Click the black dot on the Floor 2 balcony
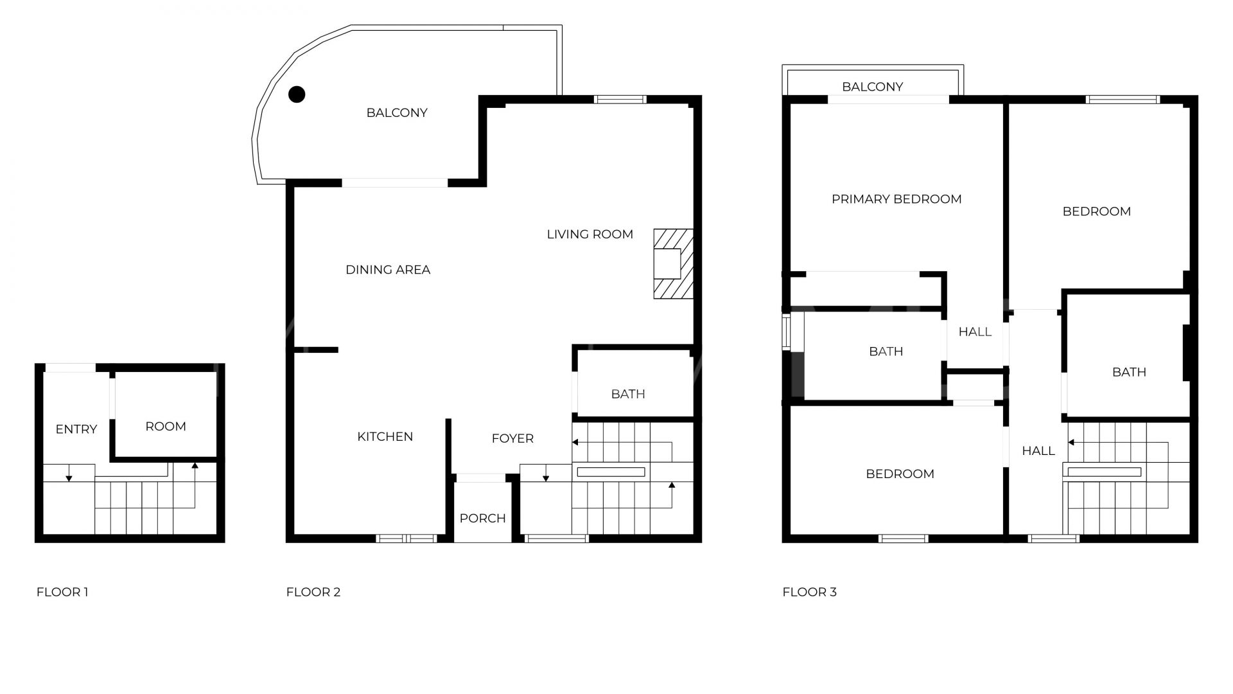(296, 94)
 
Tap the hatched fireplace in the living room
(674, 263)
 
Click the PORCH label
(483, 518)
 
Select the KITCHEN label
(385, 437)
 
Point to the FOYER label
(512, 438)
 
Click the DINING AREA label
(388, 270)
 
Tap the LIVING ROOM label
(590, 235)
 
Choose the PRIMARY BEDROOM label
(896, 199)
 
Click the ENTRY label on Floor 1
(76, 429)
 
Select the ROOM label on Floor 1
(166, 427)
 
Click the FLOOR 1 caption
(62, 592)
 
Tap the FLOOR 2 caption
(313, 592)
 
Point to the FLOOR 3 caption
(810, 592)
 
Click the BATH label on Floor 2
(628, 394)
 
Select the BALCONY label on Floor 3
(873, 87)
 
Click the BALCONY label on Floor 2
(397, 113)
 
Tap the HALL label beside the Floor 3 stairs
(1038, 451)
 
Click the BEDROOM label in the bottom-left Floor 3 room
(900, 474)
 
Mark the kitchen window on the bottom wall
(406, 538)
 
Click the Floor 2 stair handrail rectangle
(611, 472)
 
